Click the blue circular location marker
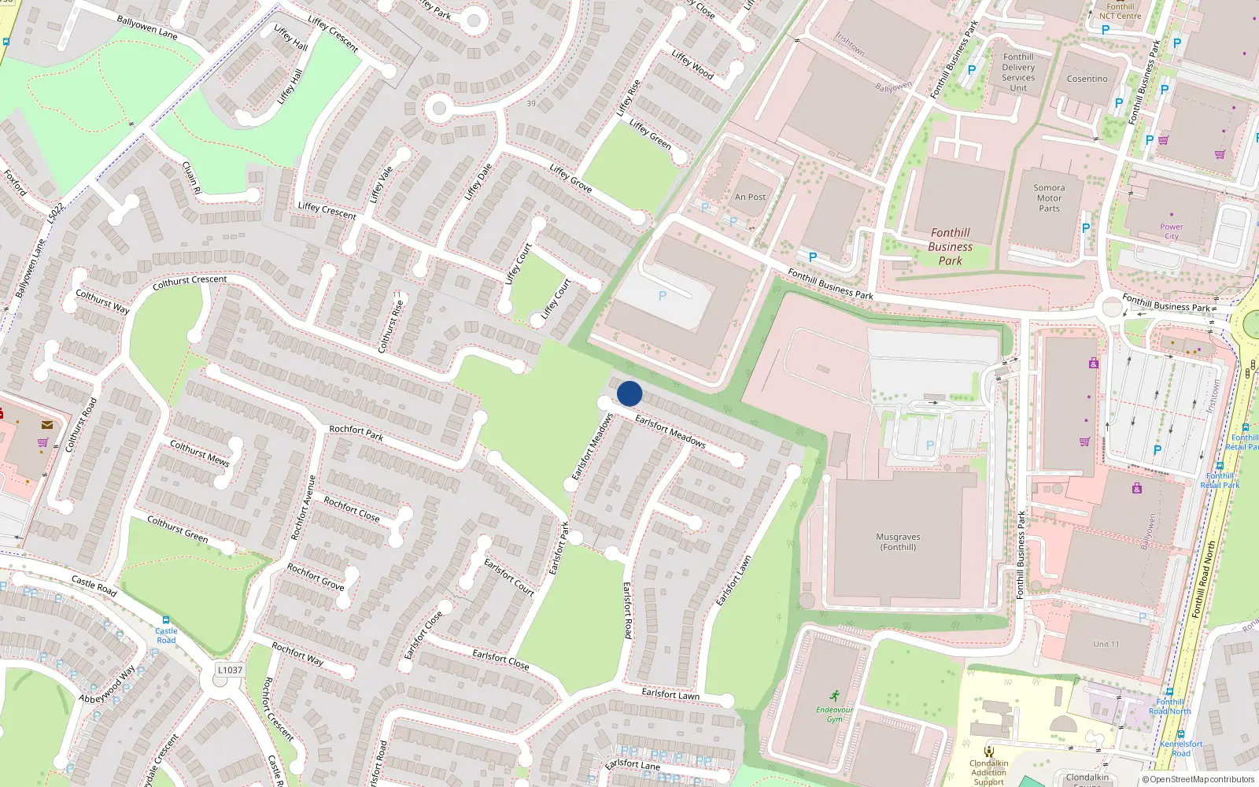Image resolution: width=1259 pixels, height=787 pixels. point(629,393)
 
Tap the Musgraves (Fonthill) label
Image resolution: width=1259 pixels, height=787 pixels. point(898,541)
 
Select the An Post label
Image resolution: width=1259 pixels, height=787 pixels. point(750,197)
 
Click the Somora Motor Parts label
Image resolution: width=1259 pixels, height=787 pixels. point(1049,198)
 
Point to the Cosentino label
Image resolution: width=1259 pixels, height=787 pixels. point(1087,79)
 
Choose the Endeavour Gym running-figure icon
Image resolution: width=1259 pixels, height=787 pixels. point(834,696)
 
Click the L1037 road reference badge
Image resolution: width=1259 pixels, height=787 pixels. point(230,670)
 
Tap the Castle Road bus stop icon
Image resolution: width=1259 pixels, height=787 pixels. point(165,620)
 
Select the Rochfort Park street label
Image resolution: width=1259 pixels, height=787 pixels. point(356,432)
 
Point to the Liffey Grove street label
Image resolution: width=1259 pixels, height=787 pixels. point(570,179)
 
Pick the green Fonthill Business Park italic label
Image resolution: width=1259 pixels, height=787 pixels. point(950,246)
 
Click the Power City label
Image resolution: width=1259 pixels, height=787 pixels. point(1171,231)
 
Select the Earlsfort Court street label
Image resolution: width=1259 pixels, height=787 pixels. point(509,577)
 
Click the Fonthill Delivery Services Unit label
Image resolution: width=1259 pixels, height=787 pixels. point(1018,72)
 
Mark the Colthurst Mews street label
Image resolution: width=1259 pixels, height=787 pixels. point(200,453)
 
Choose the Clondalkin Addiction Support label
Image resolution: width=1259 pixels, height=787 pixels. point(988,772)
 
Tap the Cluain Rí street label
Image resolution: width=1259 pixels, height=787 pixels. point(191,178)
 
